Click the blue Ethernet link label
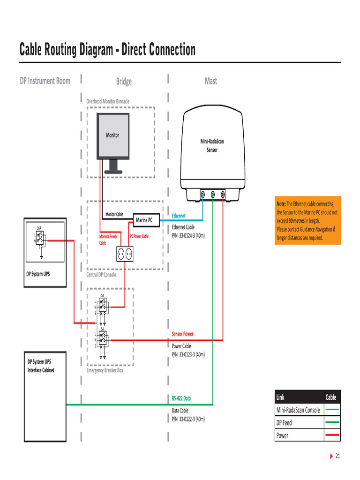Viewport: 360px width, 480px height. pos(179,216)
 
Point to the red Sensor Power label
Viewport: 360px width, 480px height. pos(182,334)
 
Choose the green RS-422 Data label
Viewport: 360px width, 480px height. pos(181,399)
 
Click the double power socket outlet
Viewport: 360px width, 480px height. pos(125,254)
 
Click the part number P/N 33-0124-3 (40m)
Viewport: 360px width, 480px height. pos(188,235)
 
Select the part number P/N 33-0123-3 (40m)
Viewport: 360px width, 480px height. pos(188,354)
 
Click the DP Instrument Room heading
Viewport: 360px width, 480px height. pos(45,81)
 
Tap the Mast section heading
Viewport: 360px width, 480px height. pos(211,81)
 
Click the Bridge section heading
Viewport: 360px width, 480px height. pos(124,82)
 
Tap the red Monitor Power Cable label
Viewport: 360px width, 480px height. pos(108,240)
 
